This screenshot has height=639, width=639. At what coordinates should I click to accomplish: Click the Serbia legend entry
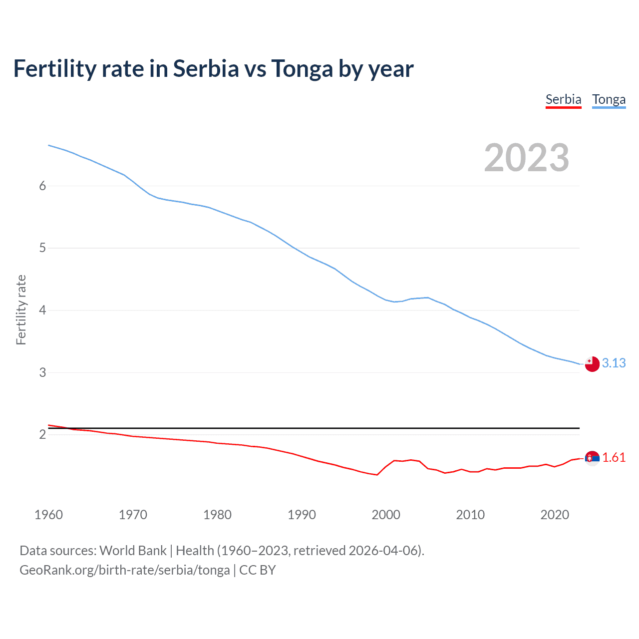pyautogui.click(x=563, y=99)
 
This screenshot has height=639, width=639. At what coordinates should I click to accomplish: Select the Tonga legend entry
pyautogui.click(x=609, y=99)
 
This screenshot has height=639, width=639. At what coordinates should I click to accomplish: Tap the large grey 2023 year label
pyautogui.click(x=526, y=158)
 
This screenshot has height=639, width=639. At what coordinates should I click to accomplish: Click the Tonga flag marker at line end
pyautogui.click(x=592, y=364)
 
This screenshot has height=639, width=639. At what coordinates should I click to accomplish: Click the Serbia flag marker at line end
pyautogui.click(x=592, y=458)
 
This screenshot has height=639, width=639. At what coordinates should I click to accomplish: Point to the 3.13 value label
pyautogui.click(x=614, y=363)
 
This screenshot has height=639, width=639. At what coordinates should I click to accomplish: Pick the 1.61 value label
pyautogui.click(x=614, y=457)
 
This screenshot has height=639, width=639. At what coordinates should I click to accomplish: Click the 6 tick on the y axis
pyautogui.click(x=42, y=186)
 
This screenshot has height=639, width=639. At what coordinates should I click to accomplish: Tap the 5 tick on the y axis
pyautogui.click(x=42, y=248)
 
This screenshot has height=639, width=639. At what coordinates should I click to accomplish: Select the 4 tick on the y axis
pyautogui.click(x=42, y=310)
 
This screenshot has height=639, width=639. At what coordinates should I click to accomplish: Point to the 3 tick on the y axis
pyautogui.click(x=42, y=372)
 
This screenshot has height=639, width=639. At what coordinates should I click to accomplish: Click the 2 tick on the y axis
pyautogui.click(x=42, y=434)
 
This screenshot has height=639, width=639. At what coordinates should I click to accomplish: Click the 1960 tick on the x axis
pyautogui.click(x=48, y=515)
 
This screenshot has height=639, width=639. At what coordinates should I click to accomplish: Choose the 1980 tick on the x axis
pyautogui.click(x=217, y=515)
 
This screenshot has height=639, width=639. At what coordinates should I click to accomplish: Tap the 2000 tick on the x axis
pyautogui.click(x=386, y=515)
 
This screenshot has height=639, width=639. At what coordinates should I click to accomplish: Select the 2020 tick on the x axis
pyautogui.click(x=555, y=515)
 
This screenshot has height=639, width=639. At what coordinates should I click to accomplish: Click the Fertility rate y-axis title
pyautogui.click(x=21, y=310)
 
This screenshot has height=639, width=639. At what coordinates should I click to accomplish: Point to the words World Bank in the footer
pyautogui.click(x=133, y=551)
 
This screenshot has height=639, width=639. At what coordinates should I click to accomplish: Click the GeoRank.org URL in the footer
pyautogui.click(x=125, y=570)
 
